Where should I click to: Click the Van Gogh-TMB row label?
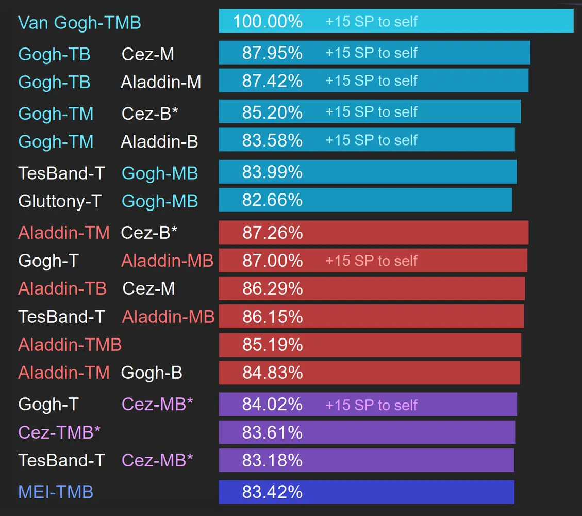[79, 23]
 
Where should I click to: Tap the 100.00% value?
[268, 22]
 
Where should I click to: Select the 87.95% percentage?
[272, 53]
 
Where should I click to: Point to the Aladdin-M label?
[161, 83]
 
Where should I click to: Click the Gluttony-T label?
[60, 201]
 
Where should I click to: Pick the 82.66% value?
[272, 200]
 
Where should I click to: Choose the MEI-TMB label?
[56, 492]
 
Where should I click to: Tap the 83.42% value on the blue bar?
[272, 492]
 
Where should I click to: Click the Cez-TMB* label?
[59, 432]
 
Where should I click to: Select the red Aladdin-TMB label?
[70, 344]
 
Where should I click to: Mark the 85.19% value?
[272, 344]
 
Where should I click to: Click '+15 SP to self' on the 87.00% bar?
[371, 261]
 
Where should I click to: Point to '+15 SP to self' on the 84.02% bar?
[371, 405]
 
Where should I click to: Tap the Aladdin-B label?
[159, 142]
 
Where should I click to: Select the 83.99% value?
[272, 172]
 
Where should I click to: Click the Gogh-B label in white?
[152, 373]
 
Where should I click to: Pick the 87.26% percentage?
[272, 233]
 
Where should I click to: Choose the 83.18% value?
[272, 460]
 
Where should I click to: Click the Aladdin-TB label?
[62, 288]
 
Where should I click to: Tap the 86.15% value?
[272, 316]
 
